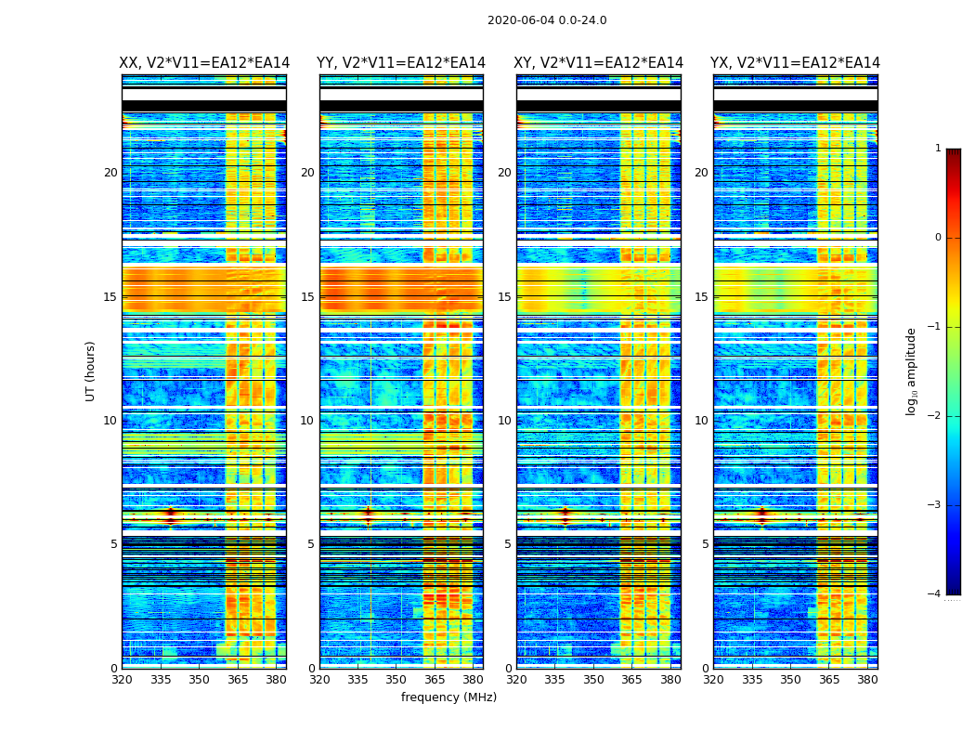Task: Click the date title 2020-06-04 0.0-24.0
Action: click(x=547, y=20)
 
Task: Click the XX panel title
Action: click(x=204, y=63)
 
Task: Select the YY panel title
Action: click(x=401, y=63)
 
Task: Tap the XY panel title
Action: click(x=599, y=63)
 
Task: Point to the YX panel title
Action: click(x=796, y=63)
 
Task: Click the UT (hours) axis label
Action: click(x=91, y=371)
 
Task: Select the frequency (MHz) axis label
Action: click(x=448, y=697)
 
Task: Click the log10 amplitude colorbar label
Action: click(x=912, y=371)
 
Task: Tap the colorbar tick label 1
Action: click(x=937, y=149)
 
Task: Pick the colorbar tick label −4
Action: click(x=935, y=594)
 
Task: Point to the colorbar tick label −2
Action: click(x=935, y=416)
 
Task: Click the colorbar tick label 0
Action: click(x=937, y=238)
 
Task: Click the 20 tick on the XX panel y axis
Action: click(x=110, y=173)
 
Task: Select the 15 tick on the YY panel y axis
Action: click(x=308, y=297)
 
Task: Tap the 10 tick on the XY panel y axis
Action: click(x=505, y=421)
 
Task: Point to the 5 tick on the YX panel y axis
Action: click(x=706, y=544)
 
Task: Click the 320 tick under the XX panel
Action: click(x=122, y=680)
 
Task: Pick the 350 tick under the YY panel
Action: click(x=396, y=680)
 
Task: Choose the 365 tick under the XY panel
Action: click(x=632, y=680)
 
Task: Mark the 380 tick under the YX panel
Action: click(x=867, y=680)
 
